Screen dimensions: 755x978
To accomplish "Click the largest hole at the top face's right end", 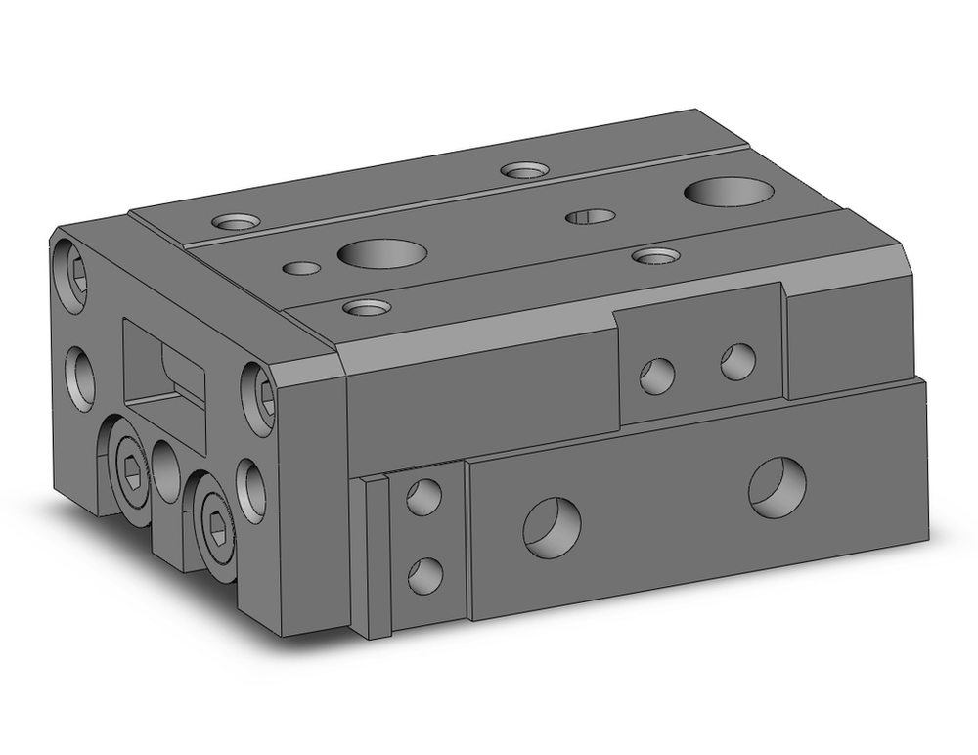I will pyautogui.click(x=729, y=192).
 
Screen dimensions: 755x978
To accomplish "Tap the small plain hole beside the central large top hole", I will pyautogui.click(x=302, y=267).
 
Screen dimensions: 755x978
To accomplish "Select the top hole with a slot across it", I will pyautogui.click(x=591, y=216).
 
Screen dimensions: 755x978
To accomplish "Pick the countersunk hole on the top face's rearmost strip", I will pyautogui.click(x=523, y=170).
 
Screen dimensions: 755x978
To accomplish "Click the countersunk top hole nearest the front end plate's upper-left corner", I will pyautogui.click(x=237, y=222).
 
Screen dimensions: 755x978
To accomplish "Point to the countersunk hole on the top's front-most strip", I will pyautogui.click(x=368, y=308).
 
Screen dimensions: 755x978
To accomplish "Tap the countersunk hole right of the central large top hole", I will pyautogui.click(x=655, y=256).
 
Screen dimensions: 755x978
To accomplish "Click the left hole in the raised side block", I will pyautogui.click(x=657, y=373).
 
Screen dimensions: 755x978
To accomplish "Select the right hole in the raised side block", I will pyautogui.click(x=738, y=361).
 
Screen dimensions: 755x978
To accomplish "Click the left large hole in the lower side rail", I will pyautogui.click(x=552, y=526).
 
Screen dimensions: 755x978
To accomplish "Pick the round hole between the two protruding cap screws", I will pyautogui.click(x=165, y=470).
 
